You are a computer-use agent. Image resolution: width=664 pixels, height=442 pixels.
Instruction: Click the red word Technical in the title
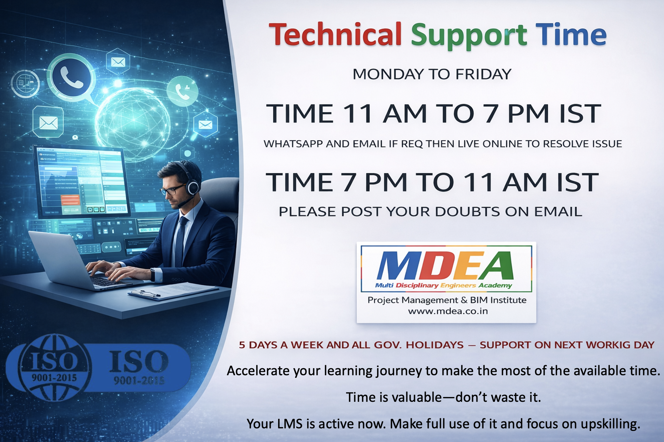[x=335, y=34]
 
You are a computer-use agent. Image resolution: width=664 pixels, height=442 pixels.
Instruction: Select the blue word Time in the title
[x=571, y=34]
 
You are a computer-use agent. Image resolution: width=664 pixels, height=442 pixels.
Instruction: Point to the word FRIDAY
[x=483, y=74]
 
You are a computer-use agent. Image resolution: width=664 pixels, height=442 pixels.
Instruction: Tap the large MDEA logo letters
[x=445, y=266]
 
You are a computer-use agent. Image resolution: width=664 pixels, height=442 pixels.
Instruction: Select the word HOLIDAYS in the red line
[x=435, y=345]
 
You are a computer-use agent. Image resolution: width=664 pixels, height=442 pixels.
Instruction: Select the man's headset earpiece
[x=193, y=187]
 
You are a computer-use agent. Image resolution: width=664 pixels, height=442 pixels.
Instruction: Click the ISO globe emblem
[x=54, y=367]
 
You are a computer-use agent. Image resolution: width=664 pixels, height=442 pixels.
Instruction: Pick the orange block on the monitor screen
[x=70, y=200]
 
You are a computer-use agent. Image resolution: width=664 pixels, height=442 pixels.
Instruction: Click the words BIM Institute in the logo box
[x=498, y=300]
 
